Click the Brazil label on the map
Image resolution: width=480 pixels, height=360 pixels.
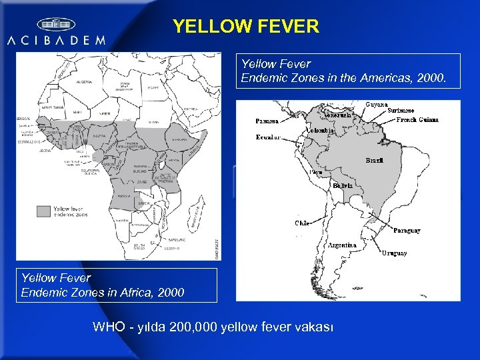(x=374, y=161)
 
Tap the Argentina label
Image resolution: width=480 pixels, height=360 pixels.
(x=343, y=245)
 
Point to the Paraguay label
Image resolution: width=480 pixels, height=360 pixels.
(x=407, y=231)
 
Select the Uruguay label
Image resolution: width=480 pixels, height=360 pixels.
(x=394, y=253)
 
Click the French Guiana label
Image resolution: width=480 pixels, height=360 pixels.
(x=417, y=120)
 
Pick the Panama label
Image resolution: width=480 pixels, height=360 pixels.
(x=267, y=121)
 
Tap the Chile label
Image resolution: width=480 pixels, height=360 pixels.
(x=303, y=223)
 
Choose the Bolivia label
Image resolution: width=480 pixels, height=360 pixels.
(x=343, y=185)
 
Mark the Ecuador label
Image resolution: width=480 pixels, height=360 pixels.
(x=269, y=137)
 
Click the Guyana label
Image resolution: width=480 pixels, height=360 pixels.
(x=377, y=105)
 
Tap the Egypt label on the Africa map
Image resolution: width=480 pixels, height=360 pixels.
(x=153, y=87)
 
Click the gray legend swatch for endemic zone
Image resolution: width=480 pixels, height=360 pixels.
(x=43, y=211)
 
